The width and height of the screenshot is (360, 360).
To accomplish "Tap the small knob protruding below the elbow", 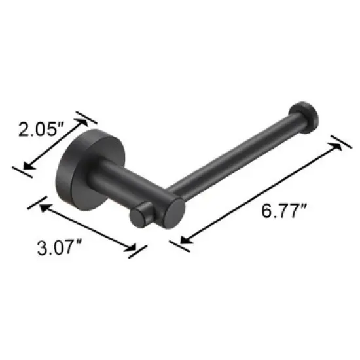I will tap(139, 216).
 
